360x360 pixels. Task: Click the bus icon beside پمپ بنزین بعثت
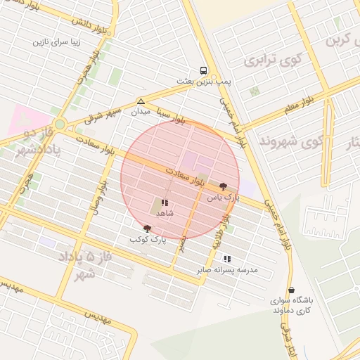coord(203,71)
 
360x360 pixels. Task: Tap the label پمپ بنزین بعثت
coord(203,82)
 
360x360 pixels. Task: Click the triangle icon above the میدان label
coord(141,101)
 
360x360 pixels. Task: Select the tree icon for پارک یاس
coord(224,186)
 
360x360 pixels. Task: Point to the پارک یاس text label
coord(224,198)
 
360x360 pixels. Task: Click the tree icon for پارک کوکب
coord(147,229)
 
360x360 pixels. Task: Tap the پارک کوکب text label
coord(147,240)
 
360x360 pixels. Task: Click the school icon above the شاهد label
coord(165,202)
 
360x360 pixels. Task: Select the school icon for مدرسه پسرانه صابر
coord(226,259)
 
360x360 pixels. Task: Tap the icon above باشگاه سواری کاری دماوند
coord(291,290)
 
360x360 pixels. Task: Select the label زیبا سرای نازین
coord(58,41)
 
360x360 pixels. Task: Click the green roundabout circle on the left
coord(60,125)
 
